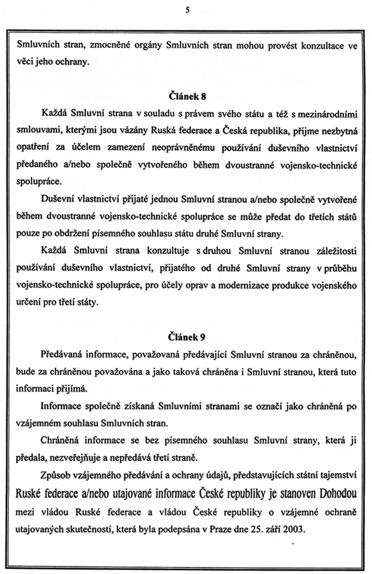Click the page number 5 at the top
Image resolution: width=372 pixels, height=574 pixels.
click(x=186, y=9)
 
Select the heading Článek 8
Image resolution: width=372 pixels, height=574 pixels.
click(x=186, y=95)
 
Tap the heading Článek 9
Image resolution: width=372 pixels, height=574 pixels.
click(x=186, y=337)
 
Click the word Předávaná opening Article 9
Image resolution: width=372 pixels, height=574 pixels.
click(x=64, y=355)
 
